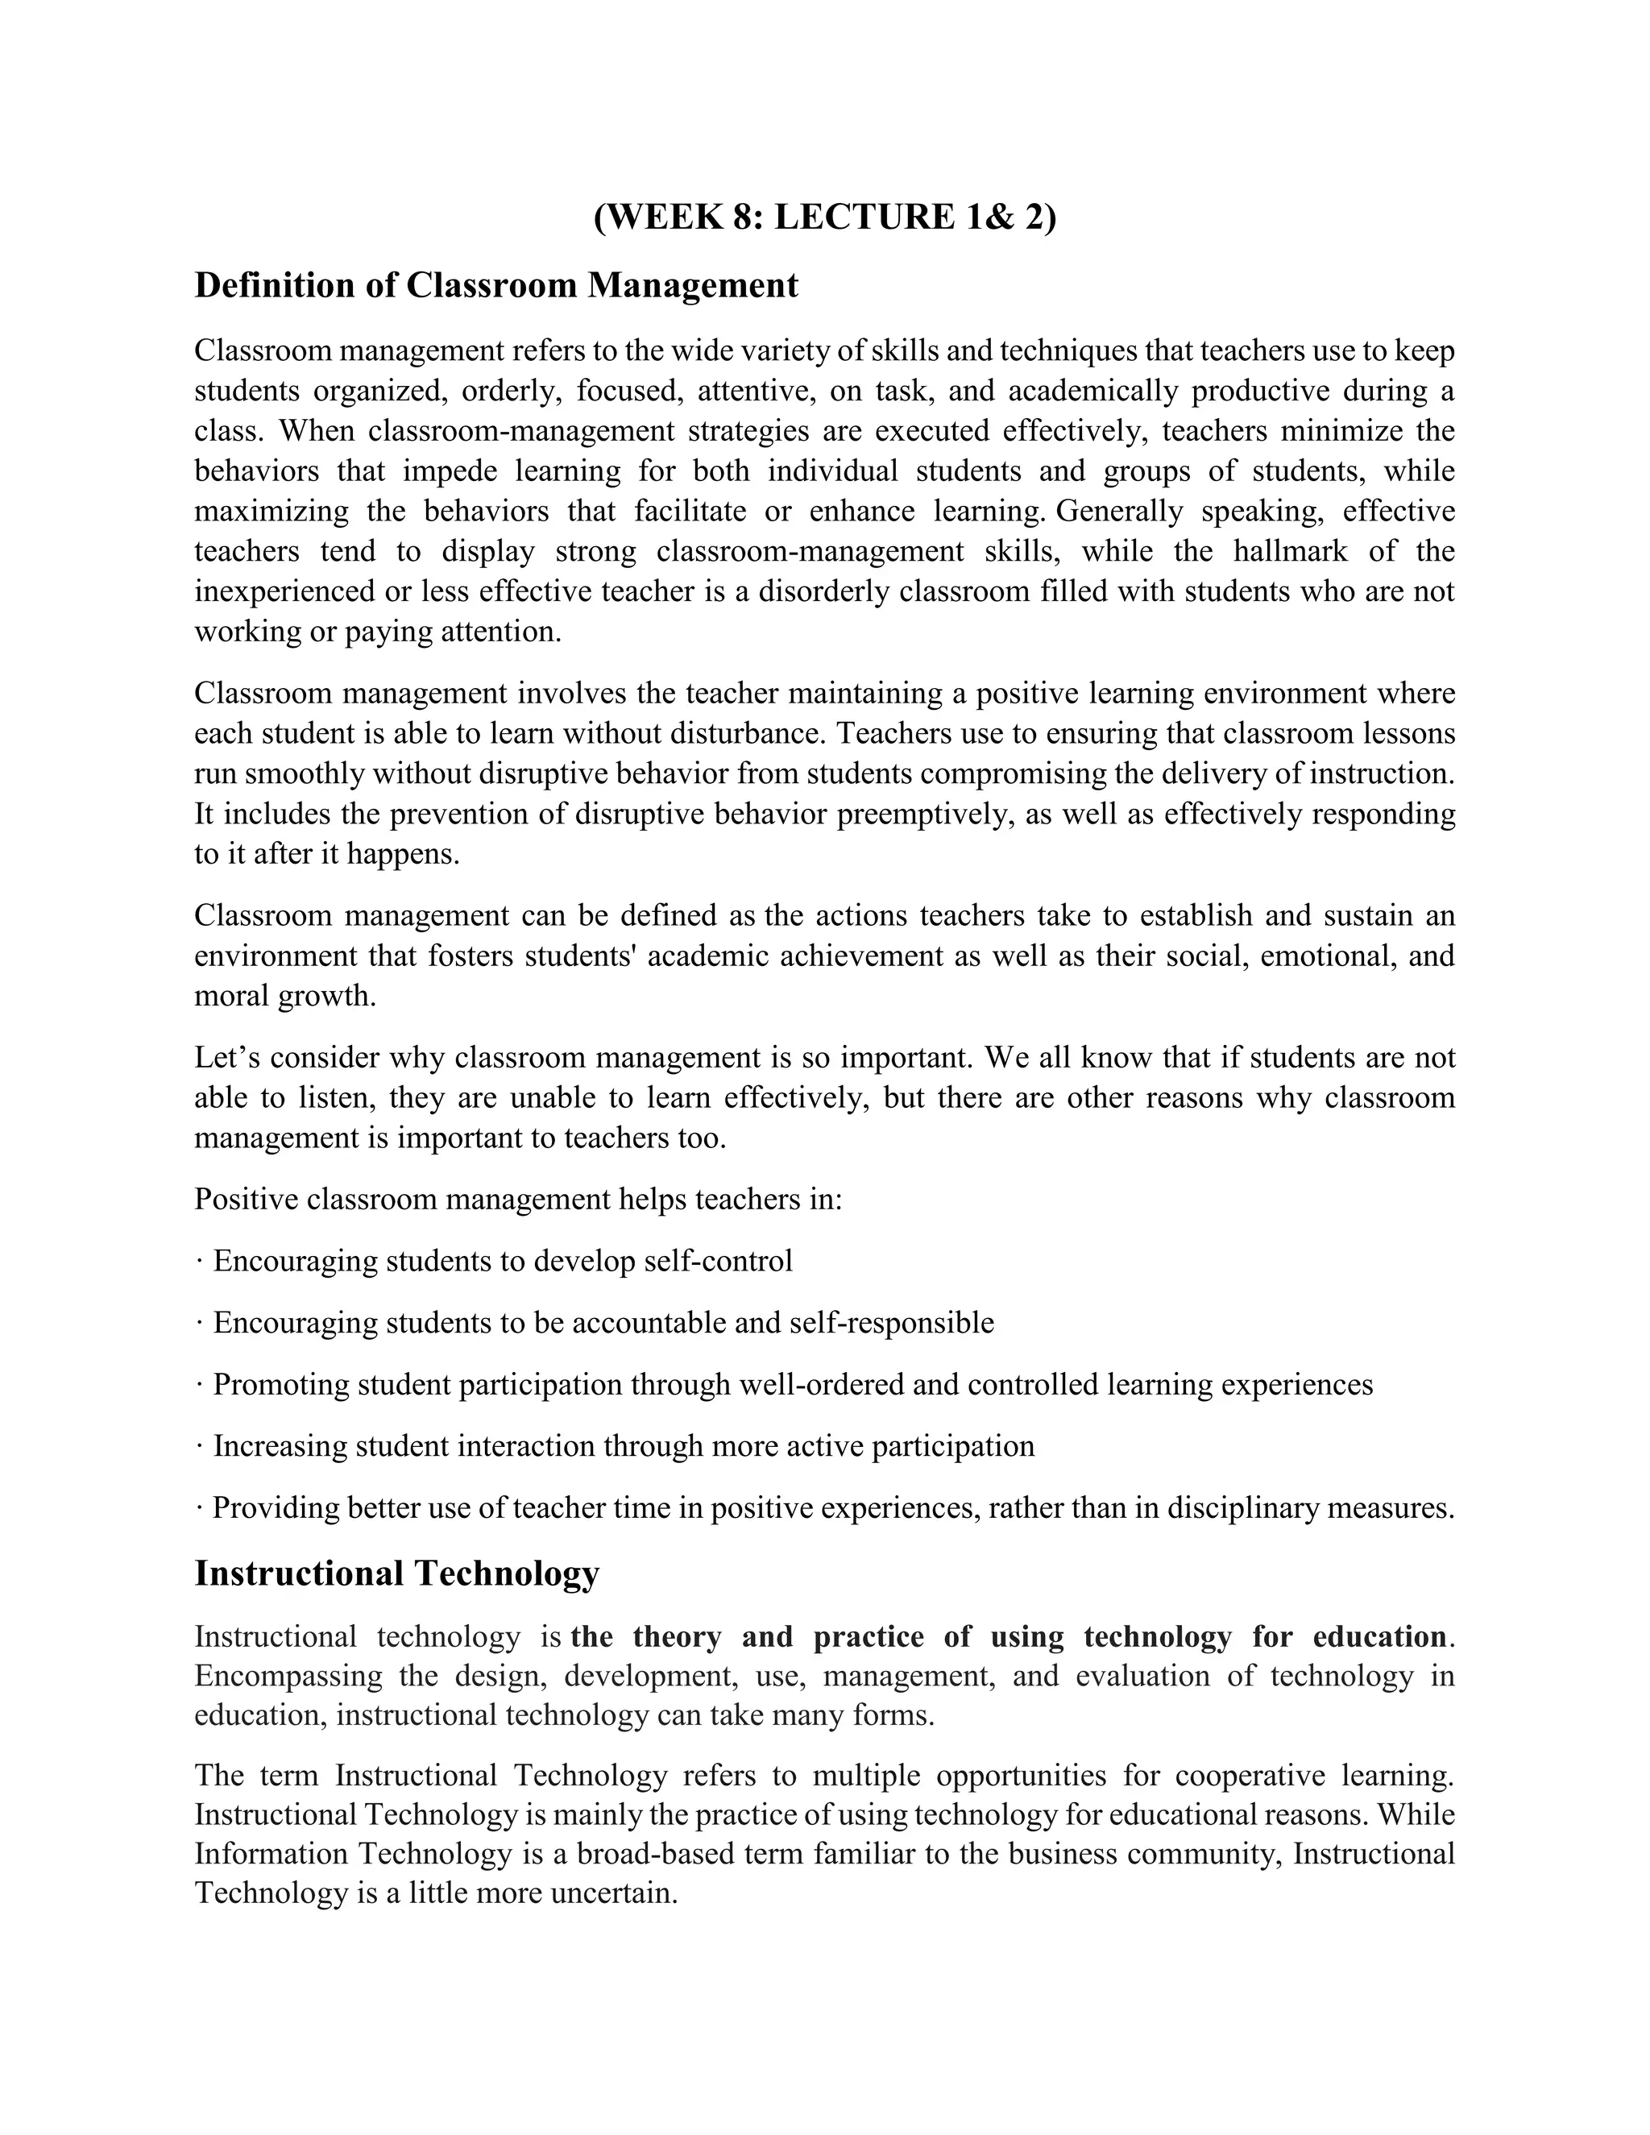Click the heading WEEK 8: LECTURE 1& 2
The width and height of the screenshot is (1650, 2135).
click(824, 216)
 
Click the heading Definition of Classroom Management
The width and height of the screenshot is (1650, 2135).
click(495, 285)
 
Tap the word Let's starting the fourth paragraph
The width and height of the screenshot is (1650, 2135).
click(228, 1058)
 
